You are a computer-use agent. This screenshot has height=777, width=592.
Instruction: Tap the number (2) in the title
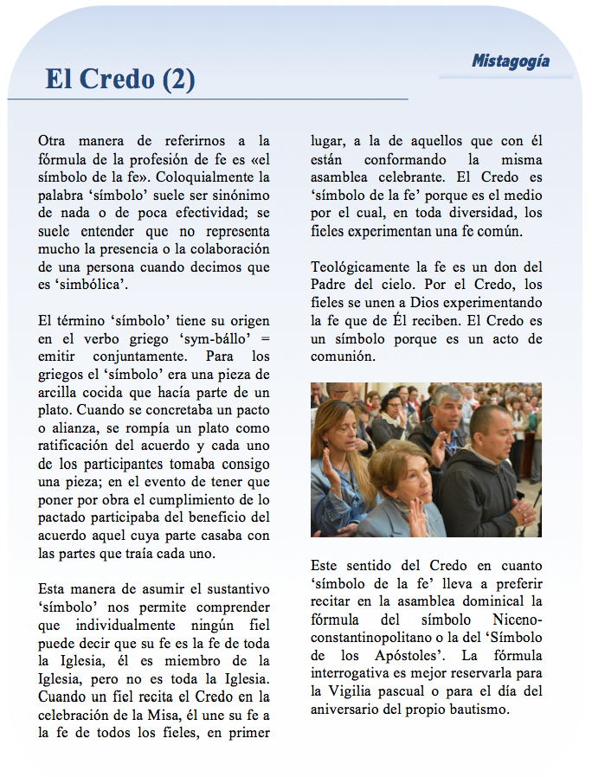point(178,80)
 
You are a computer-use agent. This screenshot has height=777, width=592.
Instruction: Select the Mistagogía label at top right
point(511,61)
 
